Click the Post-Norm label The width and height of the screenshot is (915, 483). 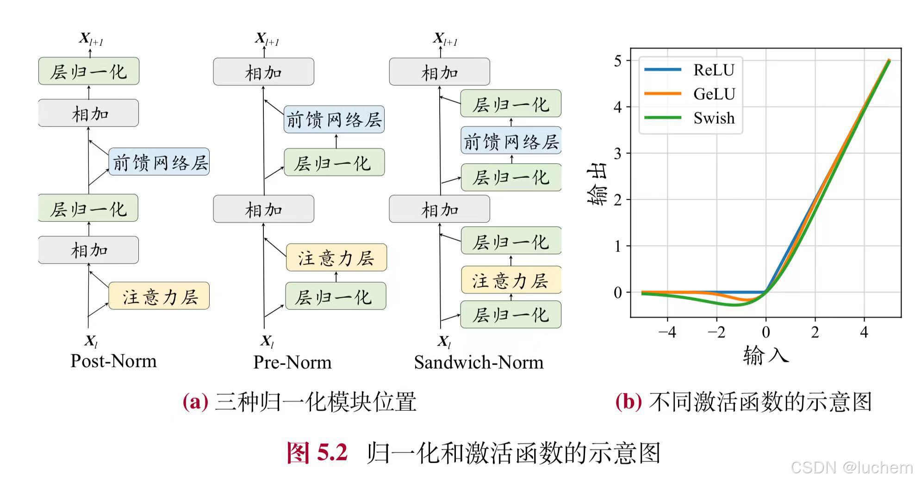(x=113, y=361)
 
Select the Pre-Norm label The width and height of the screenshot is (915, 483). (x=293, y=362)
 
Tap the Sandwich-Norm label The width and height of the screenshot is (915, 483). (x=479, y=362)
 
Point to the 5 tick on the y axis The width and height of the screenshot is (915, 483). (x=617, y=61)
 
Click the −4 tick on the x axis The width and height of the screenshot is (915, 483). (x=667, y=332)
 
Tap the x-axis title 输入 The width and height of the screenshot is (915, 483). (x=766, y=356)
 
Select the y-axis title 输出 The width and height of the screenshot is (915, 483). (x=597, y=186)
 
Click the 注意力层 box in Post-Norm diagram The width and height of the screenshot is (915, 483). (x=159, y=296)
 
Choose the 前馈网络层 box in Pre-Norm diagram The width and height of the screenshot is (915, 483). (x=334, y=119)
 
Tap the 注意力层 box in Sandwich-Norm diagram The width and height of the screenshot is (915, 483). (x=511, y=280)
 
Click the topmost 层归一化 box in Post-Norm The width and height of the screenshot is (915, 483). (x=88, y=71)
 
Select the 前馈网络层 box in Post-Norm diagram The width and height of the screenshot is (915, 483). (x=159, y=162)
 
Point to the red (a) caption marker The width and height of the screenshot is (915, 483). (x=195, y=401)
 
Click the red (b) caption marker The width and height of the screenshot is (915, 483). (x=628, y=401)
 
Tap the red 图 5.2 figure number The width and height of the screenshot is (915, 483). (x=317, y=452)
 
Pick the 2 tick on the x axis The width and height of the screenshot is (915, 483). (x=815, y=332)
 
